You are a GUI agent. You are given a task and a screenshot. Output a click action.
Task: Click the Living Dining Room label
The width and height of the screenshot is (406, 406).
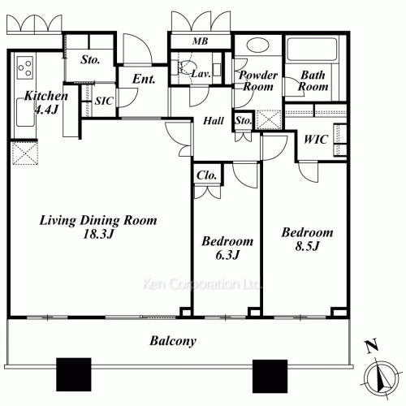pos(98,221)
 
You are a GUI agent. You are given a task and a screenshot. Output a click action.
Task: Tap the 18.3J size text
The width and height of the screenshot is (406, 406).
pos(98,234)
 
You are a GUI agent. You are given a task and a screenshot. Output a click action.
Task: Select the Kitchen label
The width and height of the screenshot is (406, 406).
pos(46,96)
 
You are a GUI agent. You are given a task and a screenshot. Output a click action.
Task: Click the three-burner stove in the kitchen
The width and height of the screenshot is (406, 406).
pos(25,67)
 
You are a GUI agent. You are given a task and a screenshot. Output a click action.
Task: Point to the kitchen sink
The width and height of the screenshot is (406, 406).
pos(25,112)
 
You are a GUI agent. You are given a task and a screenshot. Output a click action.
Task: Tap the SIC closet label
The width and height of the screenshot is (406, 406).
pos(104,101)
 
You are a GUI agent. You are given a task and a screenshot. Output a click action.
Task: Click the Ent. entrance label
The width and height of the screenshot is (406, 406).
pos(144,80)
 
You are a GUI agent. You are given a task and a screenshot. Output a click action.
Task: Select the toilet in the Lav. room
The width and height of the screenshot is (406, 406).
pos(185,67)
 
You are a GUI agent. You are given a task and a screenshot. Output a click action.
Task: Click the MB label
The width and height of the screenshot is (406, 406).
pos(201,41)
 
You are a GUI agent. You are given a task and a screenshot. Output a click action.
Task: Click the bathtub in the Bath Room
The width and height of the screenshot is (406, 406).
pos(312,50)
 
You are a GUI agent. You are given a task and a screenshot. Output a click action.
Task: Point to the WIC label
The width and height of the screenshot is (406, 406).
pos(316,140)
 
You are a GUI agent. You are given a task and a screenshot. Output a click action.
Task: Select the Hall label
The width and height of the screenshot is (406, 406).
pos(214,121)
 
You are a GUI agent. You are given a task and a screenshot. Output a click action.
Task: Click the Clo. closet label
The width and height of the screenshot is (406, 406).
pos(207,175)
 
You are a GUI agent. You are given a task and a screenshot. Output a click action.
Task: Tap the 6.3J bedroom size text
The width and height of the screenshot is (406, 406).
pos(227,255)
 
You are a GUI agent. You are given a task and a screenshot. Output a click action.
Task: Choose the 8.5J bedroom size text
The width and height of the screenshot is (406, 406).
pos(308,246)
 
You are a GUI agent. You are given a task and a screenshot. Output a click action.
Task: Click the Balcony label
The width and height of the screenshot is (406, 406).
pos(173,341)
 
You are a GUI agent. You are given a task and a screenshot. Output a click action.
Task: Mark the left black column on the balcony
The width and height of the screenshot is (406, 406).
pos(74,374)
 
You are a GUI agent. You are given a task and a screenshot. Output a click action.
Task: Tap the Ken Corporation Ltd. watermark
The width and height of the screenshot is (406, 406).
pos(201,284)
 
